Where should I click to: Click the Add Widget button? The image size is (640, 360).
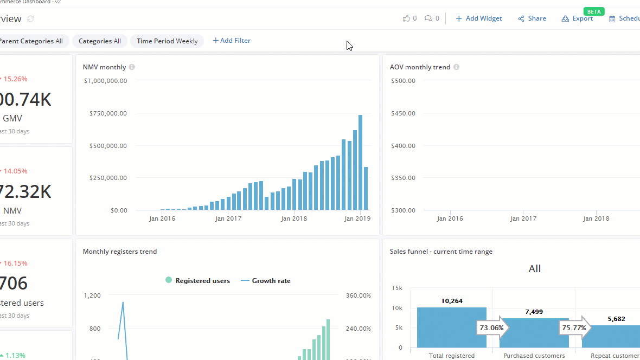pos(479,18)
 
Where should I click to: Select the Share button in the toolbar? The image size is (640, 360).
pos(532,18)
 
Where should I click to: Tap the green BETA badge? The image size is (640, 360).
pos(594,11)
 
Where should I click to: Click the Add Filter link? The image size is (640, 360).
pos(232,41)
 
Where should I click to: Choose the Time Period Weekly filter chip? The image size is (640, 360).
pos(167,41)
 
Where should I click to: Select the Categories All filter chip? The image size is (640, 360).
pos(100,41)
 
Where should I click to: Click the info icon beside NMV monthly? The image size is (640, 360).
pos(132,67)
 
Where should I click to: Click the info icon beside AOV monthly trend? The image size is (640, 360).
pos(456,67)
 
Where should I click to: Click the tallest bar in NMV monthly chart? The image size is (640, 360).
pos(360,162)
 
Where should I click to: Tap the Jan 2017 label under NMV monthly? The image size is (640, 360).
pos(228,218)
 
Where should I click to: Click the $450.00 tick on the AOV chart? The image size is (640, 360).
pos(403,113)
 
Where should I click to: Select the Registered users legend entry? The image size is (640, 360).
pos(197,281)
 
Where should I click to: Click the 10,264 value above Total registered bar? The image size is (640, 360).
pos(451,301)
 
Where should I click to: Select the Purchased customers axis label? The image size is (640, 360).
pos(534,356)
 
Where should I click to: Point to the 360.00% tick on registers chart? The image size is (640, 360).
pos(358,295)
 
